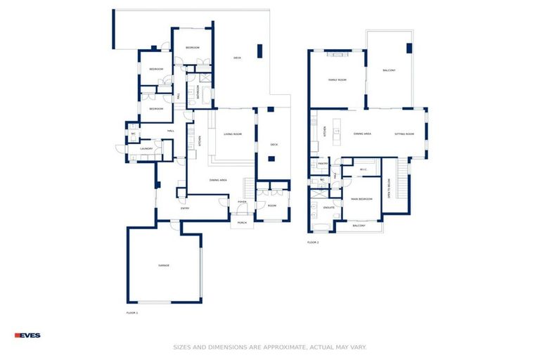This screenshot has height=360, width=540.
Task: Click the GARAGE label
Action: coord(163,265)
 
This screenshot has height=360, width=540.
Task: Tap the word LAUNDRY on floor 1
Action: coord(146,149)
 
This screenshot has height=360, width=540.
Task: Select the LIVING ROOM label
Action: coord(233,134)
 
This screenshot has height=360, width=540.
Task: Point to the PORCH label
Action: coord(242,222)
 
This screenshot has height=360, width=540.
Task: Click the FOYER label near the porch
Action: coord(242,202)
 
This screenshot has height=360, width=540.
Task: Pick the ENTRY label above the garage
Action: coord(185,208)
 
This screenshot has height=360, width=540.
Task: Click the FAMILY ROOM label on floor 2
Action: coord(337,80)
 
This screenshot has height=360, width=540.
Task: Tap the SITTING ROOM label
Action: coord(404,134)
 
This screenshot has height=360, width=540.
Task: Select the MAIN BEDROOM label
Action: coord(361,199)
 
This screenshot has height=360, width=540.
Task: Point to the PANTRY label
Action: coord(323,164)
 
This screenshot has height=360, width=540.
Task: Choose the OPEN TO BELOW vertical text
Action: coord(389,188)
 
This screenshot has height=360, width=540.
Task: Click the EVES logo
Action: coord(27,335)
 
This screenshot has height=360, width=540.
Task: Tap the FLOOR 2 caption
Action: coord(313,243)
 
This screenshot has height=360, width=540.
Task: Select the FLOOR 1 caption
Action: coord(131,312)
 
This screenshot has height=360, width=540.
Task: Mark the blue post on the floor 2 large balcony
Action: coord(409,48)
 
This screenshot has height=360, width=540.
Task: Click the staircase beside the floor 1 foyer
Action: coord(248,187)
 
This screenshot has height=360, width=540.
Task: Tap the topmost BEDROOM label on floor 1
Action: coord(193,47)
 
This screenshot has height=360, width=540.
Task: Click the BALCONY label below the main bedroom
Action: coord(359,226)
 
